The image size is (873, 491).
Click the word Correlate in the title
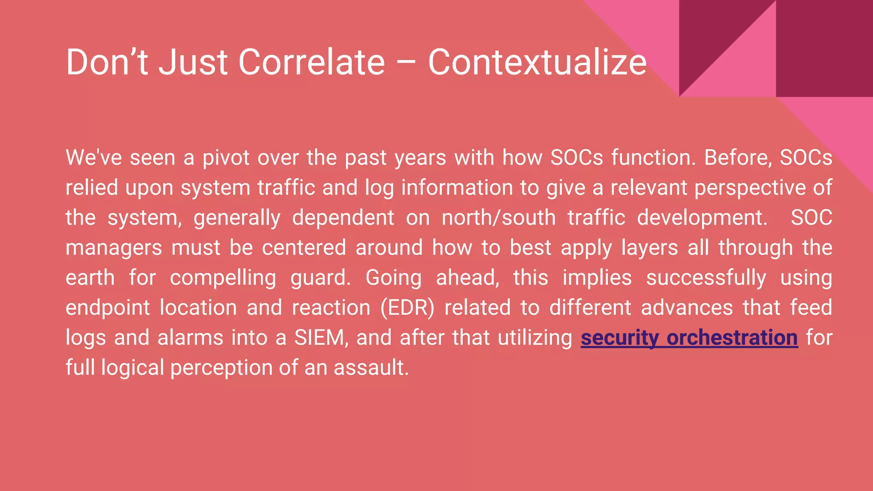(311, 62)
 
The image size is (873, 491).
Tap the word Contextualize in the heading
(537, 62)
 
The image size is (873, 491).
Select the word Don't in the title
(107, 62)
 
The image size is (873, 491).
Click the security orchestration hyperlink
(689, 338)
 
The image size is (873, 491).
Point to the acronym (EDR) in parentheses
(407, 308)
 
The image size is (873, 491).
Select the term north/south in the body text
(498, 218)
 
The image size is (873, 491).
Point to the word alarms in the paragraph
(190, 338)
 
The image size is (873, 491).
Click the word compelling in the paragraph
(223, 278)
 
